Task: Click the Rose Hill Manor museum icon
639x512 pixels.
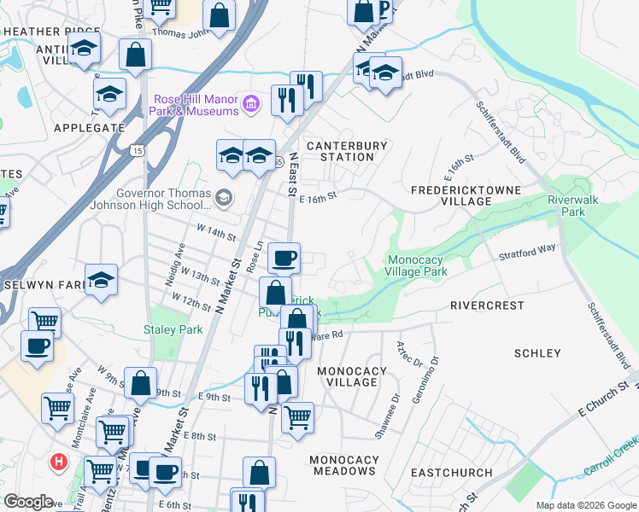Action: pos(251,105)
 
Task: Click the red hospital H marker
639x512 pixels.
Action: pos(59,462)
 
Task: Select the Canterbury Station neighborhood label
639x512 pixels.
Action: pos(347,151)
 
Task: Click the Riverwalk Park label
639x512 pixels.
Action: pos(577,205)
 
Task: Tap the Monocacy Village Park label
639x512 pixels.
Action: pos(418,265)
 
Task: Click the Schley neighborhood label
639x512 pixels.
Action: pos(537,352)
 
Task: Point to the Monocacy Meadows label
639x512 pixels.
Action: pos(344,465)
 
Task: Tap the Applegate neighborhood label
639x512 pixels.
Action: pos(90,127)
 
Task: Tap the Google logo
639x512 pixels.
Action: pos(29,502)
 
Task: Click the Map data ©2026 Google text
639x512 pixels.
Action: pos(585,505)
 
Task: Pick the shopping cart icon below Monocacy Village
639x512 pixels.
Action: pos(297,417)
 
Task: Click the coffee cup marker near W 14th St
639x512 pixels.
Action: pos(284,256)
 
